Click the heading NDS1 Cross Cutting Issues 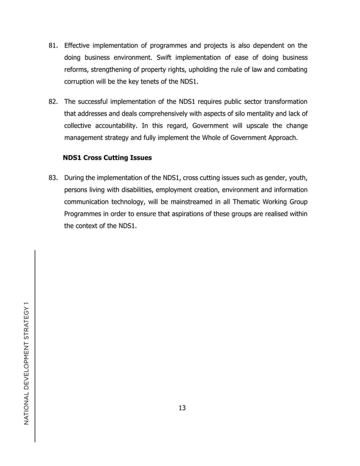tap(107, 159)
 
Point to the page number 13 tap(182, 408)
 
